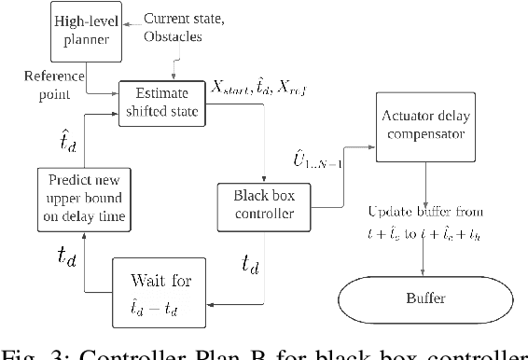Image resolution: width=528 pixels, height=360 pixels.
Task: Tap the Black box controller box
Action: click(257, 205)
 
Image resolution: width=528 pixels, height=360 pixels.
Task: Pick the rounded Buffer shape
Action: click(426, 299)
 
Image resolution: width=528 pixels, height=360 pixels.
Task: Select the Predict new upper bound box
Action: click(81, 198)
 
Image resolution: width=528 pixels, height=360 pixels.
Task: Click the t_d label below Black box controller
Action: click(250, 266)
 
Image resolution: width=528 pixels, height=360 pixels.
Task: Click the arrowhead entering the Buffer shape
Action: click(426, 275)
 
